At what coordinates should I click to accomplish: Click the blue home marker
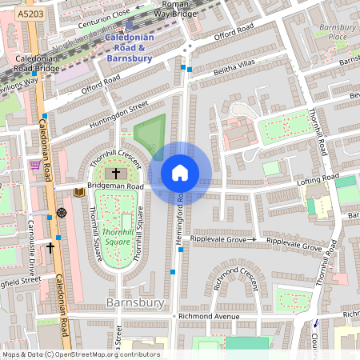click(x=180, y=172)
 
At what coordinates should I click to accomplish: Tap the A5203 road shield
click(x=14, y=14)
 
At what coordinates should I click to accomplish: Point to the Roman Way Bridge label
click(x=175, y=8)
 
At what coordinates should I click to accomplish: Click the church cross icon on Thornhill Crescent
click(x=115, y=173)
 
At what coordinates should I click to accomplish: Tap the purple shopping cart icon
click(x=34, y=166)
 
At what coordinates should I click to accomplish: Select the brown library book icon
click(x=78, y=192)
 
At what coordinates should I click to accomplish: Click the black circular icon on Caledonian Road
click(x=62, y=214)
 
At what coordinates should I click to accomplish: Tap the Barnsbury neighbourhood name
click(x=134, y=302)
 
